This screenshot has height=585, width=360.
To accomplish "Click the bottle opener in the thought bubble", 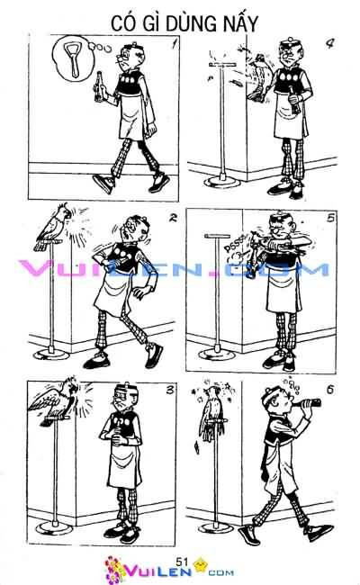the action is (x=72, y=58).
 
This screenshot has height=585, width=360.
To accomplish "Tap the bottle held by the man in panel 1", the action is (x=99, y=86).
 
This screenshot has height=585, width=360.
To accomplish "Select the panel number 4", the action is (x=329, y=44).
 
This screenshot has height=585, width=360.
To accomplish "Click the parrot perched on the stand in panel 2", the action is (x=52, y=227).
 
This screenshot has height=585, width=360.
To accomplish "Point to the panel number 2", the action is (x=173, y=217).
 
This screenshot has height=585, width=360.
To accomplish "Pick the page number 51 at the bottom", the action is (x=182, y=561).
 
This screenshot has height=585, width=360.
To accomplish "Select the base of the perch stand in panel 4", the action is (x=222, y=182).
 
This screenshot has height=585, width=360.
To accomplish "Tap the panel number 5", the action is (x=330, y=218).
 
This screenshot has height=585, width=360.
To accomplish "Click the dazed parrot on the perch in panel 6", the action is (x=211, y=414).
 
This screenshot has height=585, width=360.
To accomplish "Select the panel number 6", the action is (x=330, y=390).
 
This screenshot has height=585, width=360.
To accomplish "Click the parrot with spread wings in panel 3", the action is (x=56, y=400).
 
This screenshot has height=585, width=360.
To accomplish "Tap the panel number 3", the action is (x=170, y=390).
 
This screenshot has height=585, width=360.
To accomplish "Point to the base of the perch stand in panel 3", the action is (x=56, y=527).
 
